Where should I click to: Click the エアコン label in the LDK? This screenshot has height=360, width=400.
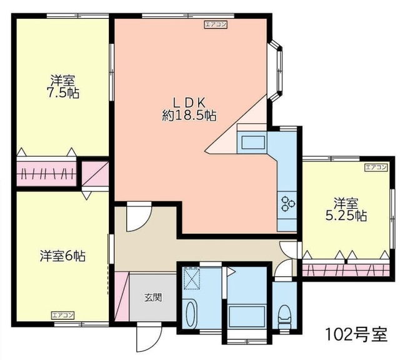click(x=216, y=24)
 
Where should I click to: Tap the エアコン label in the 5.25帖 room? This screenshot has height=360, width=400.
click(x=376, y=167)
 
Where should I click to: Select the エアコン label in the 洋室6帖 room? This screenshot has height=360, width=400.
click(x=62, y=315)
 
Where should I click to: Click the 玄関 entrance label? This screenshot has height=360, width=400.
click(x=153, y=297)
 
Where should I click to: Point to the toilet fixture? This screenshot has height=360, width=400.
click(x=284, y=316)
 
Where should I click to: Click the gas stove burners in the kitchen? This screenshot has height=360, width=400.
click(x=287, y=204)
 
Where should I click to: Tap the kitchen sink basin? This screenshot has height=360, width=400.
click(x=253, y=142)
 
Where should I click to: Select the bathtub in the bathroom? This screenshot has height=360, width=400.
click(x=247, y=316)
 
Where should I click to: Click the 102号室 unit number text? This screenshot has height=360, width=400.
click(x=356, y=334)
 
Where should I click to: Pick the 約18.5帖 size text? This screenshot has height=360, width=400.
click(x=189, y=116)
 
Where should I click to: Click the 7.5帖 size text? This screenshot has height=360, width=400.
click(x=62, y=93)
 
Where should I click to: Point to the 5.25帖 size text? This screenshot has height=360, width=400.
click(x=346, y=216)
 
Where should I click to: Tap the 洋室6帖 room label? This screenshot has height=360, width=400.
click(x=62, y=256)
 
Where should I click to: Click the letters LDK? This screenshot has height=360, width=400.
click(x=189, y=102)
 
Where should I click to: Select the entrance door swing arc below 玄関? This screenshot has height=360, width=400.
click(x=149, y=339)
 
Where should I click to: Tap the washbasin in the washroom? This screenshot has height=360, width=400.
click(x=191, y=314)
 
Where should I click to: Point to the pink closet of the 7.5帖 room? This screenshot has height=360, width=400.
click(x=46, y=173)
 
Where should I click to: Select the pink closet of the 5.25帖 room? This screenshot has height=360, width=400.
click(x=346, y=270)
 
